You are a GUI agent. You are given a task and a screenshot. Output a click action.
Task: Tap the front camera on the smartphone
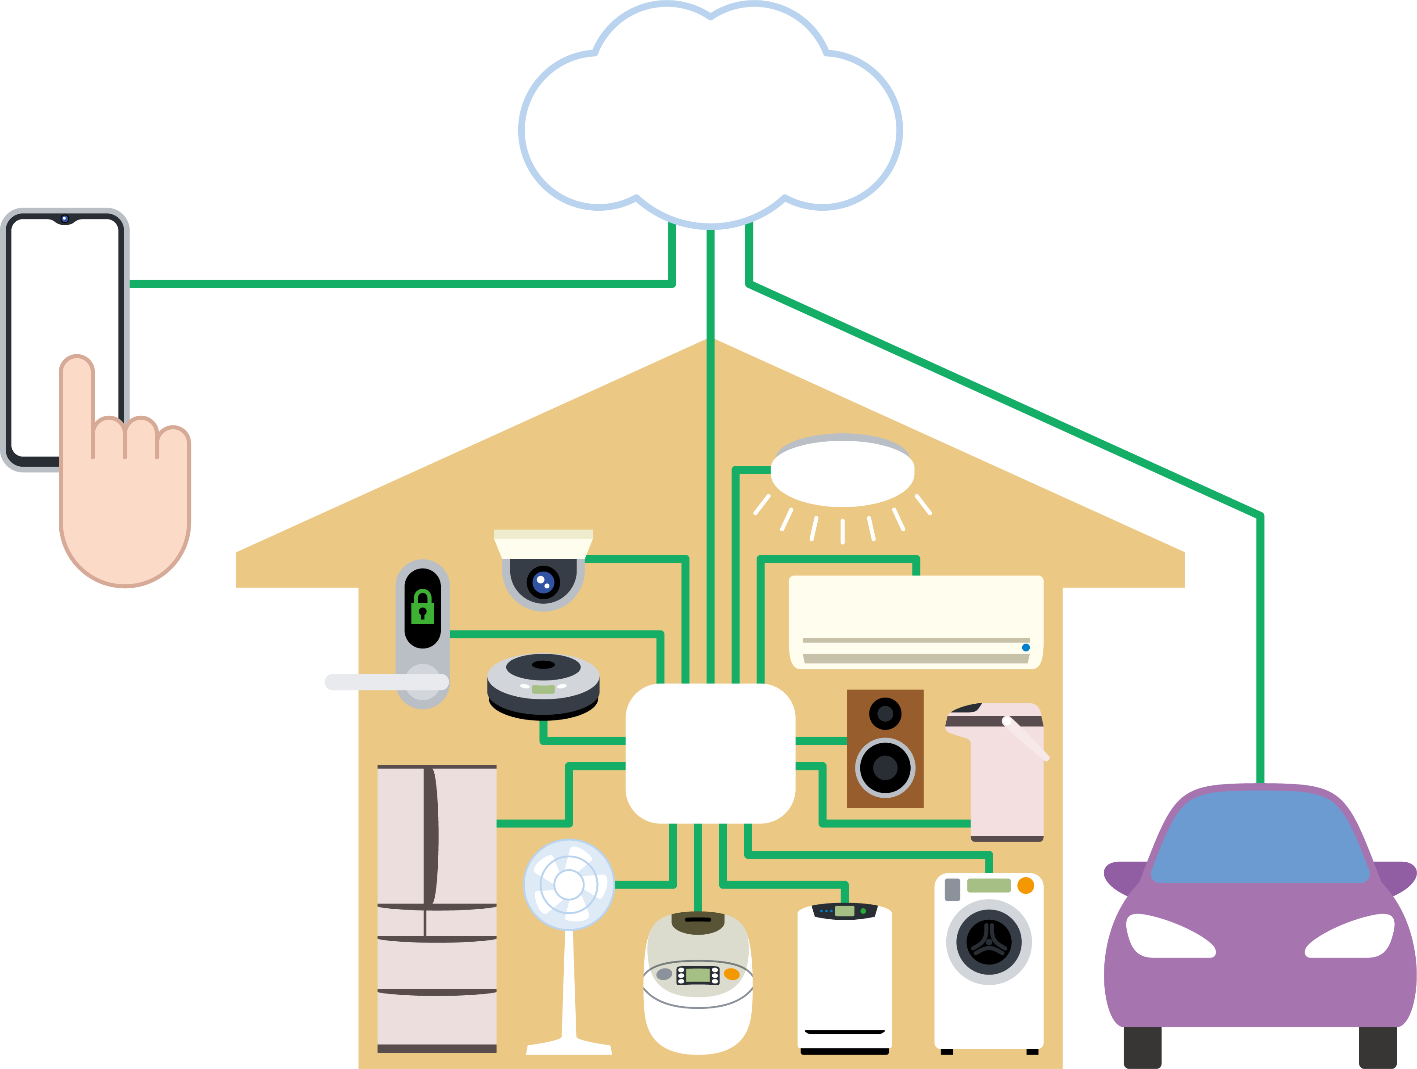coord(64,219)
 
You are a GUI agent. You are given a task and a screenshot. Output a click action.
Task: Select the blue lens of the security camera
coord(543,582)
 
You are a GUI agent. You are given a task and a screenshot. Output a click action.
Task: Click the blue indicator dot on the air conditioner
coord(1026,648)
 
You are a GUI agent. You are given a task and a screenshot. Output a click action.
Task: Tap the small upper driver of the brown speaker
coord(885,713)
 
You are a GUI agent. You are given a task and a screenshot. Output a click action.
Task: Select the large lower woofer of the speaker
coord(885,767)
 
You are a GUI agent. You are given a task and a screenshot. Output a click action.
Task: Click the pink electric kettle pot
coord(1002,775)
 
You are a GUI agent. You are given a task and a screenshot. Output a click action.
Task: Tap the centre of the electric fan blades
coord(568,885)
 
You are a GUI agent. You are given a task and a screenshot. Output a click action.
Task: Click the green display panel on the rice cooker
coord(698,975)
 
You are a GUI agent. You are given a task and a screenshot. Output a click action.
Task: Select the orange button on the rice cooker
coord(732,974)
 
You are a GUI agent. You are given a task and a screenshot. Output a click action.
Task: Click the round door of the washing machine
coord(988,942)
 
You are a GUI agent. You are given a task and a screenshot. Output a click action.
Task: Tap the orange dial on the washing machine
coord(1026,885)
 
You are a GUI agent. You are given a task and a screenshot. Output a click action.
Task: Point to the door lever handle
coord(384,682)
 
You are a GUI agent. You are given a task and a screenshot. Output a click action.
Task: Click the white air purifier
coord(844,977)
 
